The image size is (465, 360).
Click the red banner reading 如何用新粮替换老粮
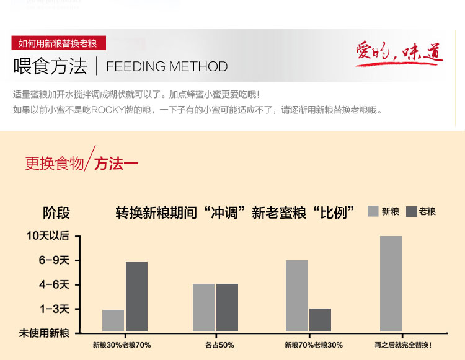pyautogui.click(x=58, y=43)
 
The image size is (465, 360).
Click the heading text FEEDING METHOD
pyautogui.click(x=167, y=67)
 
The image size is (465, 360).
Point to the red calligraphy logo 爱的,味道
pyautogui.click(x=399, y=54)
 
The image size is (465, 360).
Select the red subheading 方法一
pyautogui.click(x=117, y=164)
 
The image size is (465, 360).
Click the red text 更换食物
pyautogui.click(x=54, y=164)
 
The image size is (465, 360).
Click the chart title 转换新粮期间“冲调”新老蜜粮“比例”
pyautogui.click(x=236, y=213)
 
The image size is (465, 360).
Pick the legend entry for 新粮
pyautogui.click(x=383, y=211)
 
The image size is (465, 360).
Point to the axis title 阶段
pyautogui.click(x=56, y=213)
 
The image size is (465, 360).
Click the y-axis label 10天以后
pyautogui.click(x=48, y=236)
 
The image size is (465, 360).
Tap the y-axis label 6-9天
pyautogui.click(x=54, y=260)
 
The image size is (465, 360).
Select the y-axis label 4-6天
pyautogui.click(x=54, y=284)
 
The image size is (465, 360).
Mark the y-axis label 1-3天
pyautogui.click(x=54, y=309)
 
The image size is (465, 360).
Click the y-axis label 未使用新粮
pyautogui.click(x=44, y=333)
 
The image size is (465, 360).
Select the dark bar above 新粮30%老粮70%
pyautogui.click(x=136, y=297)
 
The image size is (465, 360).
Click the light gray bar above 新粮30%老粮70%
pyautogui.click(x=113, y=320)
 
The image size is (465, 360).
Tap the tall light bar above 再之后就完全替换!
pyautogui.click(x=391, y=284)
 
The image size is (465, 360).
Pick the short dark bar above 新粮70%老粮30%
pyautogui.click(x=320, y=320)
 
